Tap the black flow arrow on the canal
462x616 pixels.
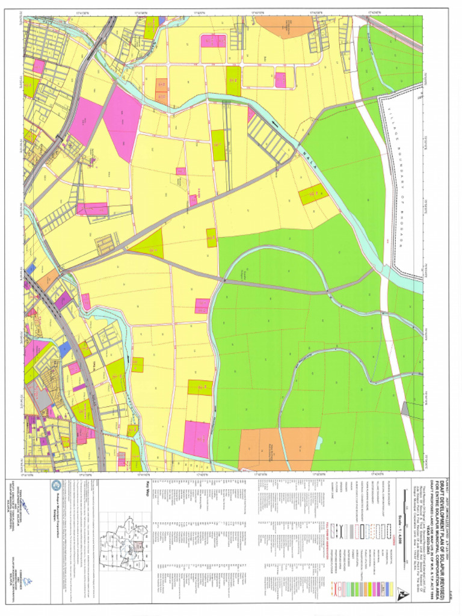tap(276, 124)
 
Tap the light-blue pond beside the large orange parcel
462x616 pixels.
tap(318, 442)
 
